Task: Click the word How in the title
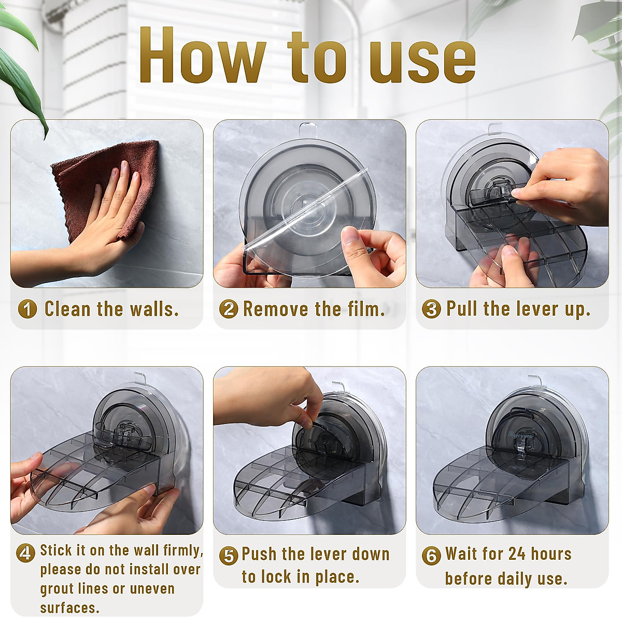[202, 56]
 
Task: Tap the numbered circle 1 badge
[27, 309]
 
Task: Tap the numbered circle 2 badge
[229, 309]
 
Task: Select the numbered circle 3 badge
[431, 309]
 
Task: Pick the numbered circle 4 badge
[25, 552]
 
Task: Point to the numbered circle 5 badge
[229, 556]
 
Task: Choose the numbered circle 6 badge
[431, 556]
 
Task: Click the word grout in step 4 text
[58, 589]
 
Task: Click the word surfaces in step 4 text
[69, 607]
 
